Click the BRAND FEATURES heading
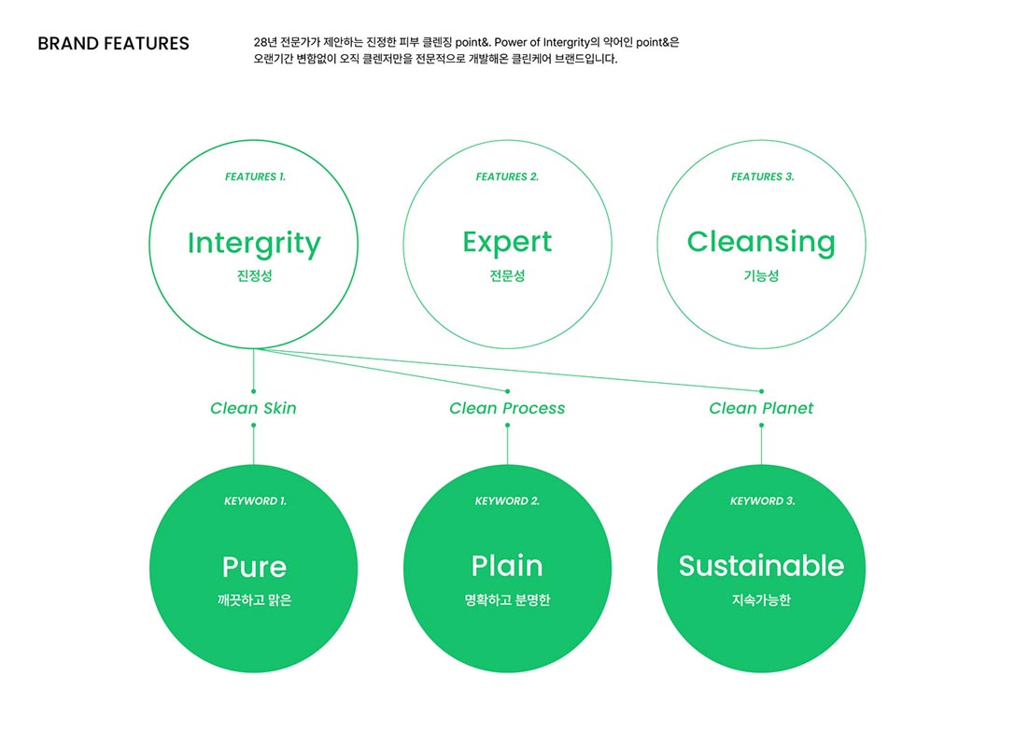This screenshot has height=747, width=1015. (x=113, y=44)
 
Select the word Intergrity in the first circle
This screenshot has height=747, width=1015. (x=254, y=243)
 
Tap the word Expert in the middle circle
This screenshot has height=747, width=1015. (x=507, y=242)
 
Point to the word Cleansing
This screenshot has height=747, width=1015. (x=761, y=242)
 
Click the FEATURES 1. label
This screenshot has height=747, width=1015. (x=255, y=176)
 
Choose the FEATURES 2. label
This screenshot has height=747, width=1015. (x=507, y=176)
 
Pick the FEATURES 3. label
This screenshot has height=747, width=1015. (x=762, y=176)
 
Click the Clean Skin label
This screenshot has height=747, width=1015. (x=253, y=408)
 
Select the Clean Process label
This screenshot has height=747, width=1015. (x=507, y=408)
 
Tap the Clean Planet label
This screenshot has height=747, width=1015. (x=761, y=408)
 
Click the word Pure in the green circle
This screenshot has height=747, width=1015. (x=254, y=567)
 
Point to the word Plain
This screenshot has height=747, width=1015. (x=507, y=566)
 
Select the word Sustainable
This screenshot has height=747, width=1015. (x=761, y=566)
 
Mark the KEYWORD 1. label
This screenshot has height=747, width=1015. (x=255, y=501)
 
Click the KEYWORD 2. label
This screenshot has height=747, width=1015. (x=507, y=501)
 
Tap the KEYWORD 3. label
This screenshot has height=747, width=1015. (x=762, y=501)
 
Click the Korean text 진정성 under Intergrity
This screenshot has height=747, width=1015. (x=254, y=276)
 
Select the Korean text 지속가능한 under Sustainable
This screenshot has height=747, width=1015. (x=761, y=600)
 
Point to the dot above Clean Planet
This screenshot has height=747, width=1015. (x=761, y=391)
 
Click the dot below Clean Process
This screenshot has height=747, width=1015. (x=507, y=426)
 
